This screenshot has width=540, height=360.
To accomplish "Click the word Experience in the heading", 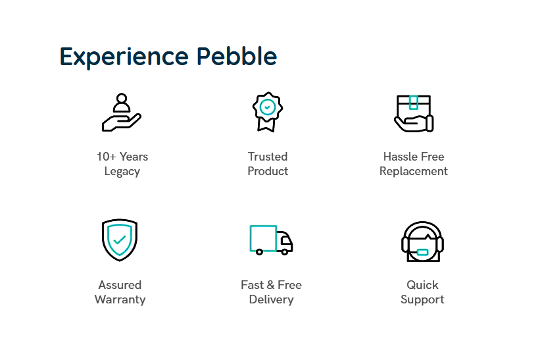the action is (124, 57).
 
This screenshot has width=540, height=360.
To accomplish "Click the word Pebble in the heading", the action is (237, 56).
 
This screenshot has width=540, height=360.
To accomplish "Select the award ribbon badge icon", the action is (268, 112).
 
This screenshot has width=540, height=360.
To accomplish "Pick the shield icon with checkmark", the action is (120, 240).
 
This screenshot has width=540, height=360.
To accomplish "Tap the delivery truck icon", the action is (272, 240).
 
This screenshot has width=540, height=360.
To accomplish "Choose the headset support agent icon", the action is (422, 242).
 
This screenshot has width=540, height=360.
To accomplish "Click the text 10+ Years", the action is (122, 157).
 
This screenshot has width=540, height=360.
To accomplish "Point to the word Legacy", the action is (122, 172).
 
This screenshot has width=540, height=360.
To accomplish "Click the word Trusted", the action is (268, 157).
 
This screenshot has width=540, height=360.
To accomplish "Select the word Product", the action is (268, 171).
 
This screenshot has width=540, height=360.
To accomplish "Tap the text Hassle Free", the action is (414, 157).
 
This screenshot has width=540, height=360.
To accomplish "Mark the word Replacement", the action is (414, 172).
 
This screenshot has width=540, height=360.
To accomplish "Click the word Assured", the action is (120, 285).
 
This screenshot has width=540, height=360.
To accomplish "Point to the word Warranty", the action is (120, 299).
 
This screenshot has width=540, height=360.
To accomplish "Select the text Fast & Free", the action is (272, 285).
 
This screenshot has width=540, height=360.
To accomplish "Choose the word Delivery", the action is (272, 299).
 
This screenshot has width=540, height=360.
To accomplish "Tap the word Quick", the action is (422, 285).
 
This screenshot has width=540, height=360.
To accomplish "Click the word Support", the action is (422, 299).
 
